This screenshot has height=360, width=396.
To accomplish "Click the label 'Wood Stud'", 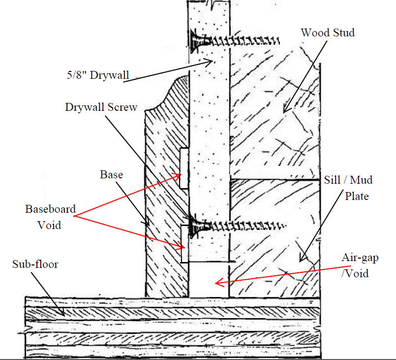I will (x=328, y=33).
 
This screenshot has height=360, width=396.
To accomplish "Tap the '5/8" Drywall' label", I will (x=98, y=75).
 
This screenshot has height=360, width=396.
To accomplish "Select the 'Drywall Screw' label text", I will (x=101, y=107).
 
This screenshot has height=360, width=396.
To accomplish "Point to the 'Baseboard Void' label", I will (x=51, y=217).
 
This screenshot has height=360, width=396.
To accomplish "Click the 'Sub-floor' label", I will (x=35, y=264).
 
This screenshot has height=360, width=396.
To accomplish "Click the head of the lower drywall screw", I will (x=194, y=226).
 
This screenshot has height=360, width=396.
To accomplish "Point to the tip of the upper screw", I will (x=280, y=39).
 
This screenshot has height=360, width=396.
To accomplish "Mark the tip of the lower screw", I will (x=286, y=226).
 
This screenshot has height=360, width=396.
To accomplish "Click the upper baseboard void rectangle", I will (x=183, y=167).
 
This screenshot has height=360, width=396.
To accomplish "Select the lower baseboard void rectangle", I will (x=184, y=243).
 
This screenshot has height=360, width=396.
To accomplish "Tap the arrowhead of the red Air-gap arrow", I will (x=217, y=283).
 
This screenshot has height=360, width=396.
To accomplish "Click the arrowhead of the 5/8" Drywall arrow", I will (x=212, y=61).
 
